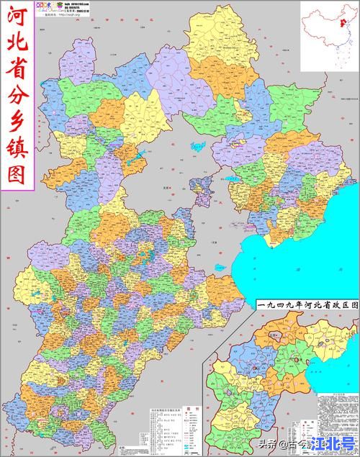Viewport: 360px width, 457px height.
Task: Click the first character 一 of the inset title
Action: (x=261, y=306)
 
